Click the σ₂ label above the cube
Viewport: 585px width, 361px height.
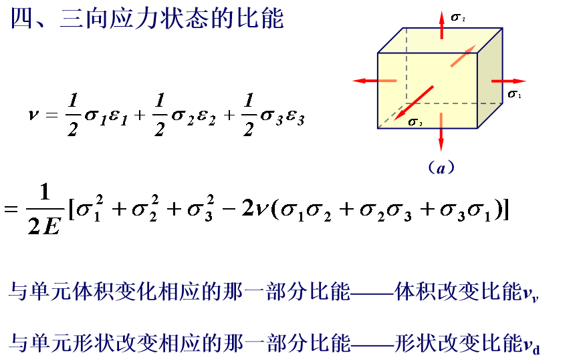[458, 17]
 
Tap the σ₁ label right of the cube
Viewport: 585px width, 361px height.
[515, 94]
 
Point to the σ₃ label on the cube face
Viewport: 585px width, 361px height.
[415, 122]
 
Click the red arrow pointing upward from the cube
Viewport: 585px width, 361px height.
[442, 25]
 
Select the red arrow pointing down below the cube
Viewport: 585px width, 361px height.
[441, 132]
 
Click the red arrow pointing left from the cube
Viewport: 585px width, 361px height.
[374, 81]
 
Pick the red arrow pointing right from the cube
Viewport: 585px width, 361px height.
[509, 81]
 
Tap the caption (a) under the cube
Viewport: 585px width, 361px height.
[441, 167]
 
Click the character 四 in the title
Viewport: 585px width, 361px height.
[21, 18]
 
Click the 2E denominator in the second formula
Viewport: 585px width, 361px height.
[43, 225]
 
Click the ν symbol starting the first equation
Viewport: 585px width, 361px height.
[33, 114]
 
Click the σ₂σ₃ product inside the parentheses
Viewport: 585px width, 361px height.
[385, 210]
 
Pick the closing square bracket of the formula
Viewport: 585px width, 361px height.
[506, 209]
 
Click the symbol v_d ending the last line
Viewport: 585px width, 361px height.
[532, 345]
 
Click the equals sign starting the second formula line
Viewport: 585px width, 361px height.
[11, 209]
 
